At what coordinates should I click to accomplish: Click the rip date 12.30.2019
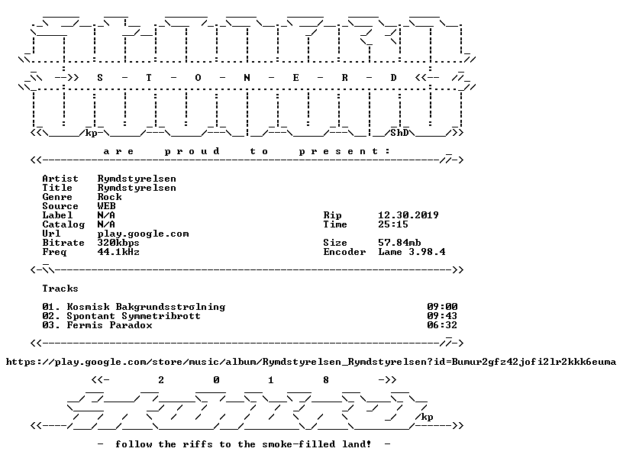click(x=408, y=215)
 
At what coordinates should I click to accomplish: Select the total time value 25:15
click(x=393, y=224)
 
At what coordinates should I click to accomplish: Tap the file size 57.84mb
click(x=399, y=242)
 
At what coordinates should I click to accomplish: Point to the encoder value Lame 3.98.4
click(x=412, y=251)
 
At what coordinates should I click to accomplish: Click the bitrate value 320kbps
click(x=118, y=242)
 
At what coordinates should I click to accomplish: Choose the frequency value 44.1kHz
click(x=118, y=251)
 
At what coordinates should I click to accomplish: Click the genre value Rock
click(x=110, y=197)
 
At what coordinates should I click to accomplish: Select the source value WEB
click(x=106, y=206)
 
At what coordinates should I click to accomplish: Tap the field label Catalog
click(x=63, y=224)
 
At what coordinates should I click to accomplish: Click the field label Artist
click(x=60, y=179)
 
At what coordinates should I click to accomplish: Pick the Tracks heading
click(x=60, y=288)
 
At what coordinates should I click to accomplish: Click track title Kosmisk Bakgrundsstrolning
click(x=146, y=307)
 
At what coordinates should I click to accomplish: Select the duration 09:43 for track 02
click(x=442, y=316)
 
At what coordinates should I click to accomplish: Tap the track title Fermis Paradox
click(x=109, y=325)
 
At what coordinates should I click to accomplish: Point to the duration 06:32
click(x=442, y=325)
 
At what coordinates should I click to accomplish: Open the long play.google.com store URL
click(x=311, y=362)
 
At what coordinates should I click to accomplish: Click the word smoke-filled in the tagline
click(x=299, y=443)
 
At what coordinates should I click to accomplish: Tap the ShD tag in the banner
click(x=399, y=132)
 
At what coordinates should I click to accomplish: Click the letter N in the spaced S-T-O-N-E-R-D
click(x=247, y=77)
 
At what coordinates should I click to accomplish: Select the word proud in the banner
click(x=192, y=151)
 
